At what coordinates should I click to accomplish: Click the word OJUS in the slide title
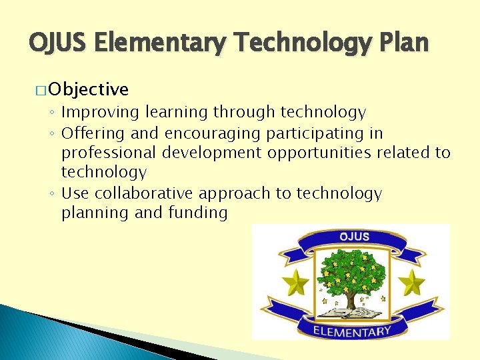coord(59,43)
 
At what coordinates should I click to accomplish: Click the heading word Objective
coord(89,89)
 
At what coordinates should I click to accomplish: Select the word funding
coord(198,213)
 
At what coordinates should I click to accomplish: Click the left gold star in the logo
coord(295,283)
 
